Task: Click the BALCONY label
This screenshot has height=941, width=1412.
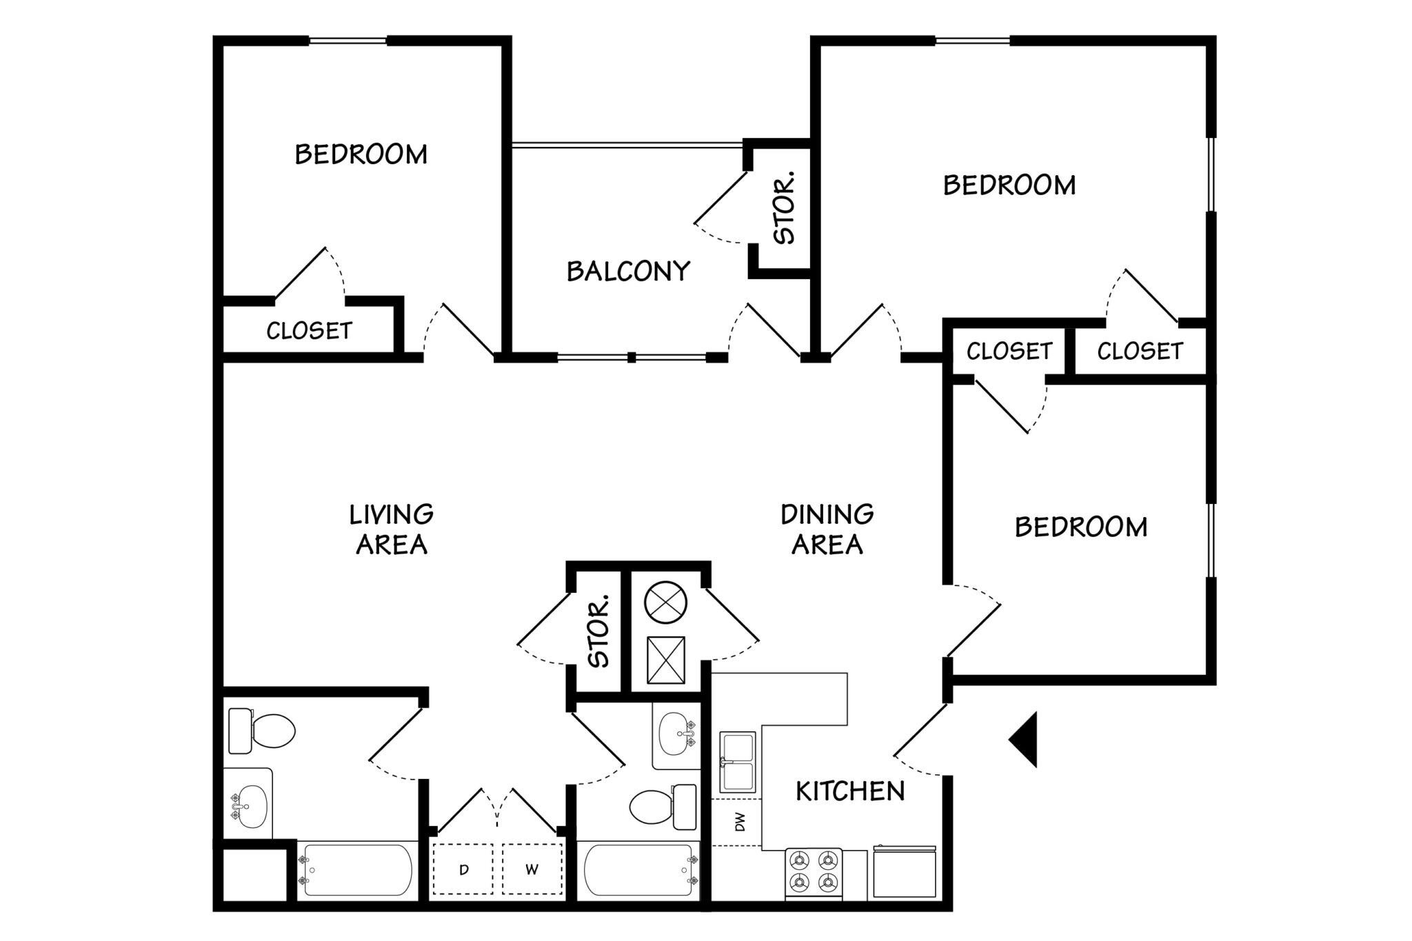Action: click(628, 272)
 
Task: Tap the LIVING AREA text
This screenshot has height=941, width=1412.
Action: click(392, 529)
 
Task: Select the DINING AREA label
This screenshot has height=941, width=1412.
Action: click(827, 529)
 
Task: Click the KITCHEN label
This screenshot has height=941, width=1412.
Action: click(850, 791)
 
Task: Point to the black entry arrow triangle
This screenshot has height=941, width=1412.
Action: click(1025, 740)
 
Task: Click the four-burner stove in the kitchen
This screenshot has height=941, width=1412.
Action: click(814, 873)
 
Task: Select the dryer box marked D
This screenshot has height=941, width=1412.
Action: click(463, 870)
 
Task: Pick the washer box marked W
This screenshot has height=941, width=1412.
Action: click(532, 870)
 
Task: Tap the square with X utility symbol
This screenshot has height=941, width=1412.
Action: click(666, 660)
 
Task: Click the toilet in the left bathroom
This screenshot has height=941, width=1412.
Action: click(262, 731)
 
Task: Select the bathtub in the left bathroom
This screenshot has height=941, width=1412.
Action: click(356, 870)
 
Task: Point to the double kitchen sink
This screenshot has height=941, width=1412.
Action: click(737, 762)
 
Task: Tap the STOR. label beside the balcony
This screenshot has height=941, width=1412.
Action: click(784, 208)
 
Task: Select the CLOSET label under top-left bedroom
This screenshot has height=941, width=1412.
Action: click(309, 332)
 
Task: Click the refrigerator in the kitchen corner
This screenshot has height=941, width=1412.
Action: click(904, 872)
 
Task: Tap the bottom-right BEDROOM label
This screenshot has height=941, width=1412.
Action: click(1081, 527)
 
